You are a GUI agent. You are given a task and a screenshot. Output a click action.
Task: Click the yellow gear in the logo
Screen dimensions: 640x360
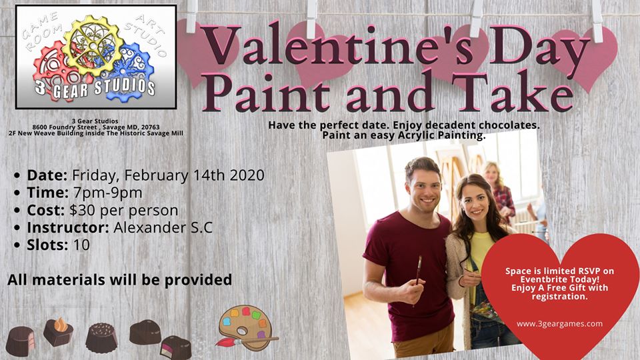tap(93, 45)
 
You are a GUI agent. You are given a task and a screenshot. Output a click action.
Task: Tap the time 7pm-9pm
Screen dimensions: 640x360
tap(108, 193)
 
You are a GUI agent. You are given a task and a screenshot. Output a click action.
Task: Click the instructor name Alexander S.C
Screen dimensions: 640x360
tap(163, 227)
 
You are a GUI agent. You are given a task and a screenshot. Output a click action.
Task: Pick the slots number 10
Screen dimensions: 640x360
tap(81, 245)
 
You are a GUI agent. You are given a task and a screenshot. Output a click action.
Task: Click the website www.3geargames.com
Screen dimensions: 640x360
tap(559, 324)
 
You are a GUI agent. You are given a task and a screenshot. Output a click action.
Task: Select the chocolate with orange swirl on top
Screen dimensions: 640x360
tap(58, 331)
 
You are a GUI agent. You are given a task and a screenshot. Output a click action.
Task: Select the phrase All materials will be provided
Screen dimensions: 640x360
tap(119, 280)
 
